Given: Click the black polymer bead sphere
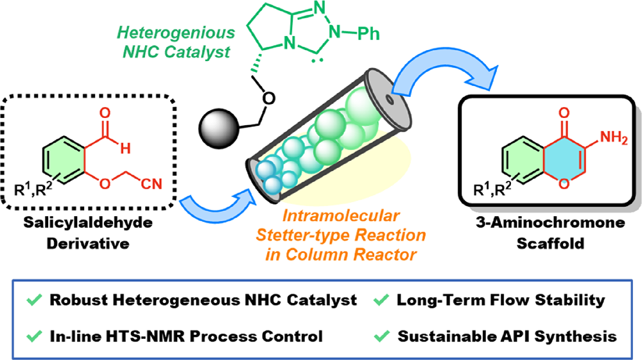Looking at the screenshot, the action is coord(218,128).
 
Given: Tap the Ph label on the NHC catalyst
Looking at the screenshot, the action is coord(368,33).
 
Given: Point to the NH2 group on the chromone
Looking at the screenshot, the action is coord(614,137).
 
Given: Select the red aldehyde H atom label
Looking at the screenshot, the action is coord(125,148).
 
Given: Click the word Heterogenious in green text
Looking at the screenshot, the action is coord(176,33).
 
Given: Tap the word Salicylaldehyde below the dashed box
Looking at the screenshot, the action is coord(88,223).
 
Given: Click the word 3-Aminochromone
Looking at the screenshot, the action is coord(550,223).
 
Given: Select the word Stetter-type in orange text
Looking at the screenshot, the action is coord(304,236).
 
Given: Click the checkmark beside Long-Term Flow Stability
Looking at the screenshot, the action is coord(381,300).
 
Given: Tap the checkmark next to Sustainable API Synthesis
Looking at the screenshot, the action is coord(381,336).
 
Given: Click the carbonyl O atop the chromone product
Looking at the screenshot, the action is coord(564,112).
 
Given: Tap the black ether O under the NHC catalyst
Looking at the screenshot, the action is coord(268,98).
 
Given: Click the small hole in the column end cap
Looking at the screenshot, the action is coord(390,99).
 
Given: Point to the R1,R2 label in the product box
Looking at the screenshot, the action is coord(492,189).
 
